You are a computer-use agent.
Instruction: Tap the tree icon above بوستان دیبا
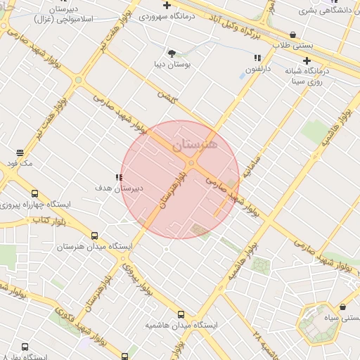pos(172,53)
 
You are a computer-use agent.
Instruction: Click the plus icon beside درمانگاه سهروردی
pos(144,14)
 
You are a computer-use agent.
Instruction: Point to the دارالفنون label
pos(257,69)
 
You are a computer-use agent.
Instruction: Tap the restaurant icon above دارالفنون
pos(257,58)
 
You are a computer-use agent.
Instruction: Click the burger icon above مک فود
pos(19,152)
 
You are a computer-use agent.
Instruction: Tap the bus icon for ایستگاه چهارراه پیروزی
pos(34,193)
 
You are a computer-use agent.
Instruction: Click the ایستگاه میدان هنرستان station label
pos(67,247)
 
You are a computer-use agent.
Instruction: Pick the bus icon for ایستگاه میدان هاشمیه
pos(181,314)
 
